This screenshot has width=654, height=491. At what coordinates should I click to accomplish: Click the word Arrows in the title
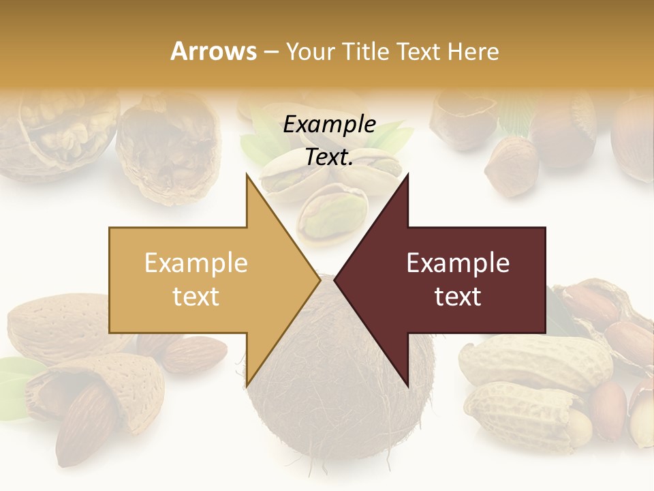(x=214, y=51)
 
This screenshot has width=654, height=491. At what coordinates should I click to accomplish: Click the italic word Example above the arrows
(x=329, y=125)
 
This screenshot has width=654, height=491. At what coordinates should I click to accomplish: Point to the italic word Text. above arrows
(x=329, y=157)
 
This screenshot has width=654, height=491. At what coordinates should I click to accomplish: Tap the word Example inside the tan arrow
(x=196, y=263)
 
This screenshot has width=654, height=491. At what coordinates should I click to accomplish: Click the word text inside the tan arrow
(x=196, y=297)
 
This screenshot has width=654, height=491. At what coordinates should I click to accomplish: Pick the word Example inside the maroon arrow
(x=458, y=263)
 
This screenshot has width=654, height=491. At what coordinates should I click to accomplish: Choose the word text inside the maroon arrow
(x=458, y=297)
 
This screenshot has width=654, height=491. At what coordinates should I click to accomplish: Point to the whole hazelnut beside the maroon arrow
(x=511, y=167)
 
